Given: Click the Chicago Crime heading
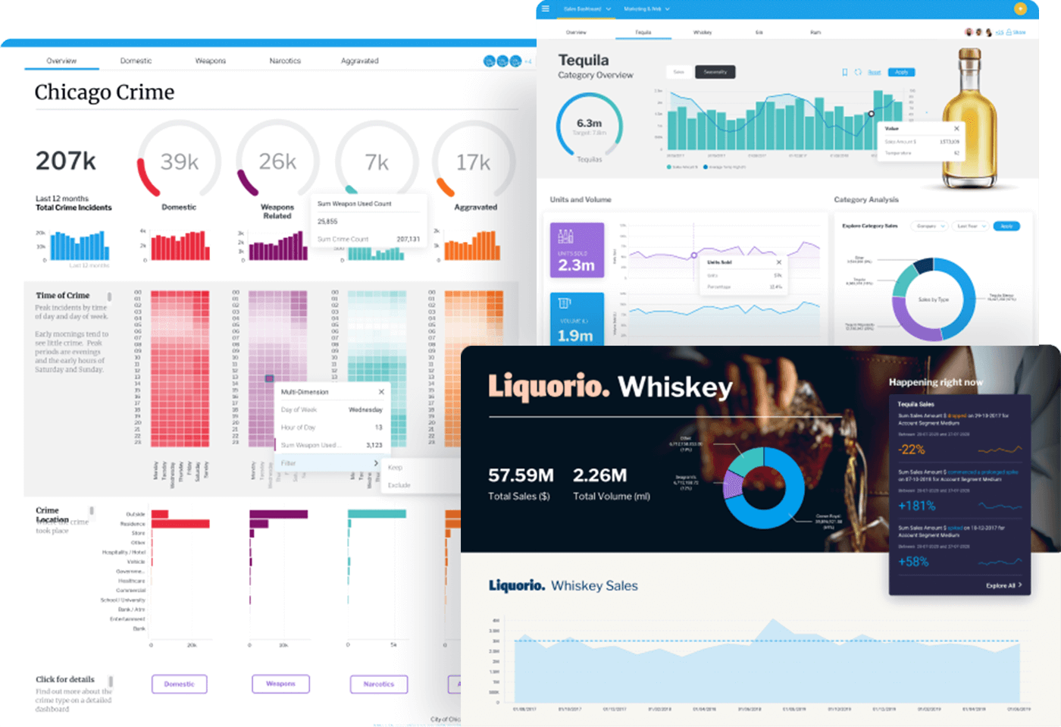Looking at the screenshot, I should [x=105, y=92].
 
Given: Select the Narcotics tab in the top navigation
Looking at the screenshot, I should [x=285, y=61].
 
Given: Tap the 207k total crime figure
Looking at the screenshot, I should [x=66, y=161].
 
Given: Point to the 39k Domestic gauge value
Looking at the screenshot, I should [x=180, y=161].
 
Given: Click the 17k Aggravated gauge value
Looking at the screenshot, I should [x=473, y=162].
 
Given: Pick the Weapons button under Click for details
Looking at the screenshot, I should [x=280, y=684].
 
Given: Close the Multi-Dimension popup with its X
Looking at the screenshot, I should [x=381, y=392].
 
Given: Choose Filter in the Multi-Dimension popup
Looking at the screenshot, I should [x=290, y=463].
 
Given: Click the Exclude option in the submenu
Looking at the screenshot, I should [x=399, y=485].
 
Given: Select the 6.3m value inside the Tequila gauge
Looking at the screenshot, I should [x=589, y=123].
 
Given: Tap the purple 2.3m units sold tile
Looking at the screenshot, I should [x=577, y=250].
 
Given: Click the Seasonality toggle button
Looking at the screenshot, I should [x=715, y=72].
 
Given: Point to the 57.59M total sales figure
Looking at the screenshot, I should [x=521, y=475].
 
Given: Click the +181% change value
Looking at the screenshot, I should [x=917, y=506].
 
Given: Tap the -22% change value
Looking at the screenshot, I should [x=912, y=450].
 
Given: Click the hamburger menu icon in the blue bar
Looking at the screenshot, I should [x=545, y=9].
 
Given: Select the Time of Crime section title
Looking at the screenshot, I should [x=63, y=296].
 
